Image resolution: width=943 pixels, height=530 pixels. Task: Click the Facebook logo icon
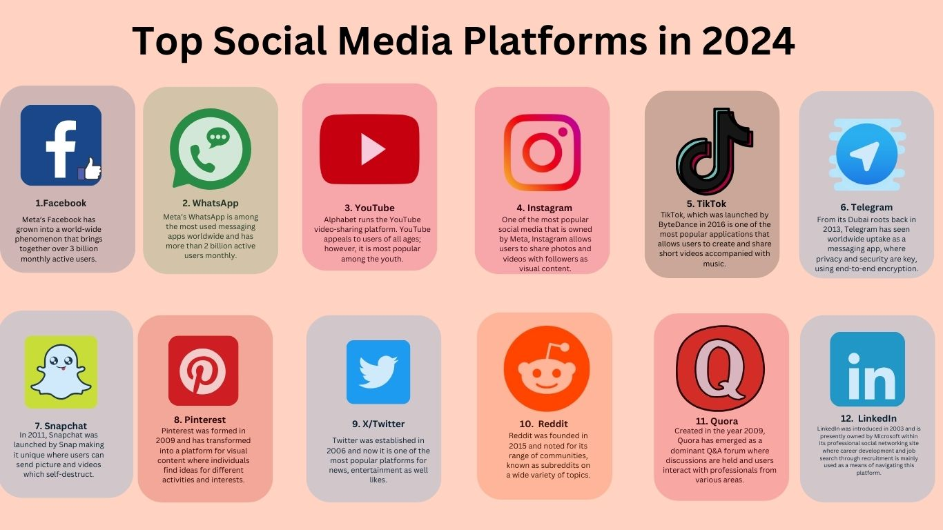(61, 145)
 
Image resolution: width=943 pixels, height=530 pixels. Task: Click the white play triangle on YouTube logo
(371, 149)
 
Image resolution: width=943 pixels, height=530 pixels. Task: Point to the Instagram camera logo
(541, 152)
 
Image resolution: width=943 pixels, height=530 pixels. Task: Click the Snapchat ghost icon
(61, 371)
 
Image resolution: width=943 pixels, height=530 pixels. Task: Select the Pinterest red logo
(203, 371)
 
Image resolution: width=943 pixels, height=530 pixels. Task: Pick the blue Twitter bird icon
(378, 372)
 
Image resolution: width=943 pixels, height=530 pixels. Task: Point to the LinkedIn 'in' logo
(867, 369)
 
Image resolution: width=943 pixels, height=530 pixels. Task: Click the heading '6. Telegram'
(866, 207)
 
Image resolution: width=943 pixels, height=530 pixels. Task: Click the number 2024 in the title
(748, 41)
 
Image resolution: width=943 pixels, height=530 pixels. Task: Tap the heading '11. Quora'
(717, 421)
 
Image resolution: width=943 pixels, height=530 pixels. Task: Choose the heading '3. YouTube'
(369, 208)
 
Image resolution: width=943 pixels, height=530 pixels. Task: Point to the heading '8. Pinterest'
(200, 420)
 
